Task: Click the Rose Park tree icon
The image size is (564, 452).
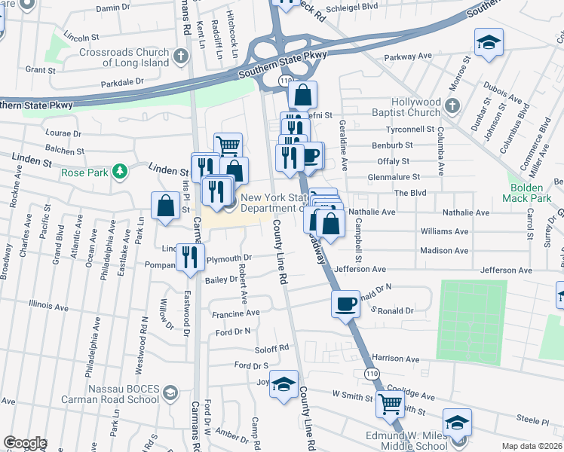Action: pyautogui.click(x=118, y=173)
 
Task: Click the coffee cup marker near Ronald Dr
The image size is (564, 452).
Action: pyautogui.click(x=346, y=304)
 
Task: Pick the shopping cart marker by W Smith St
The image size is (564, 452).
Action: pyautogui.click(x=390, y=405)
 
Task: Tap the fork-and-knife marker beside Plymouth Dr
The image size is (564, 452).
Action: pyautogui.click(x=190, y=257)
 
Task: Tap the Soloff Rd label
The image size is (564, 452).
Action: pyautogui.click(x=273, y=348)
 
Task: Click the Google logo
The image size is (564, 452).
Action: pyautogui.click(x=25, y=443)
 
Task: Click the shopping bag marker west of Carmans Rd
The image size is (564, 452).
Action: pyautogui.click(x=164, y=206)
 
